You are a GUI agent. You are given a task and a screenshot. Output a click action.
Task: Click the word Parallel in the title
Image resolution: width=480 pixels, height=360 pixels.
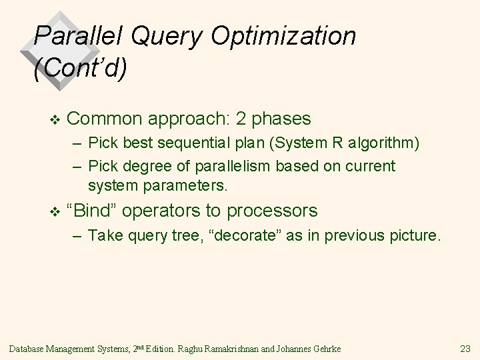[x=73, y=36]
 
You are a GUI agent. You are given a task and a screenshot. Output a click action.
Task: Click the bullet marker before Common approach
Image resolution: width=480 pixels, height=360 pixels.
[x=55, y=119]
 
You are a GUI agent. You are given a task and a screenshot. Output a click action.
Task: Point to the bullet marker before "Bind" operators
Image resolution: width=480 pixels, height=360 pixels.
[x=55, y=211]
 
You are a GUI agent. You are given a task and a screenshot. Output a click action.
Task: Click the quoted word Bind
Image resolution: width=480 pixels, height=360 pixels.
[x=95, y=211]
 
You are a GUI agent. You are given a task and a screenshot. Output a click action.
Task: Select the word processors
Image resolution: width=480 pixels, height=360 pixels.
[x=272, y=211]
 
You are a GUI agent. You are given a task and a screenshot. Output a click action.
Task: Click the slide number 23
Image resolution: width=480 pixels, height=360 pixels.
[x=465, y=347]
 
